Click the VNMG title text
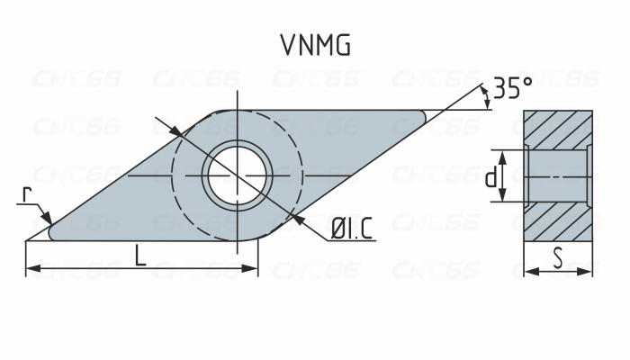314,45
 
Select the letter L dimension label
140,256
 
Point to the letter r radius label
29,194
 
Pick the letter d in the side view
490,177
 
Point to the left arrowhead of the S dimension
528,270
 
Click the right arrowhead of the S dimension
589,270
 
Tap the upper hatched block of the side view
558,130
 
